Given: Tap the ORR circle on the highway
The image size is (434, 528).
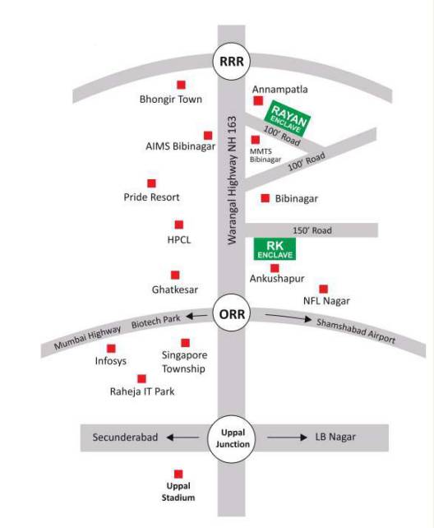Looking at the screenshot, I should click(x=231, y=313).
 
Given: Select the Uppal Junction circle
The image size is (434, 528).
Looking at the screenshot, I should click(x=230, y=438).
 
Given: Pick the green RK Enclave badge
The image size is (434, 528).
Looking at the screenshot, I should click(x=272, y=249).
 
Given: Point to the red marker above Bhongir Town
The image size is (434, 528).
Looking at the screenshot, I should click(x=181, y=84).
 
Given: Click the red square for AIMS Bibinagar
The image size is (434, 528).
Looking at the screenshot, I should click(x=208, y=134).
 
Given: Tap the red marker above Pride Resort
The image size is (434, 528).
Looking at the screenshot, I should click(x=151, y=183).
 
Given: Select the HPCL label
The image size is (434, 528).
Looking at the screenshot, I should click(x=178, y=240).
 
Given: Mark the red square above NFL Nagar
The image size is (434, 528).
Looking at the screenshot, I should click(x=323, y=289).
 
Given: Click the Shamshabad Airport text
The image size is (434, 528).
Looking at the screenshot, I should click(x=356, y=331).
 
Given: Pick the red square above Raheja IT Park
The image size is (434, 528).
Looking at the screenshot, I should click(x=141, y=378).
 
